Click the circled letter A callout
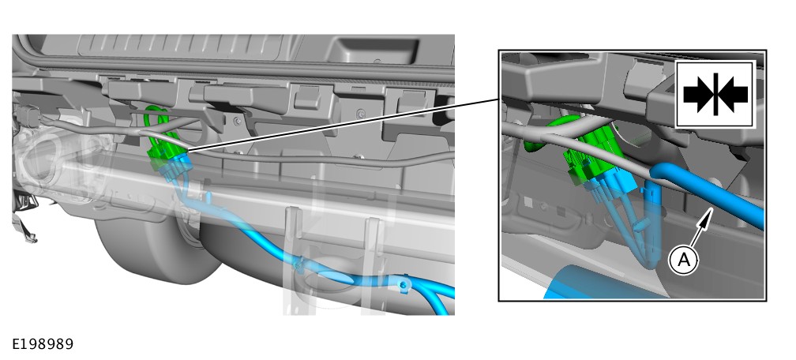tap(685, 260)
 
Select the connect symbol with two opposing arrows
tap(715, 94)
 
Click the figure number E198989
tap(43, 344)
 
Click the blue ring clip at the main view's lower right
tap(404, 285)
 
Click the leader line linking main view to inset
tap(343, 125)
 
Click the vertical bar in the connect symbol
tap(715, 94)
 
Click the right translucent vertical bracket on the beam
tap(372, 264)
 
